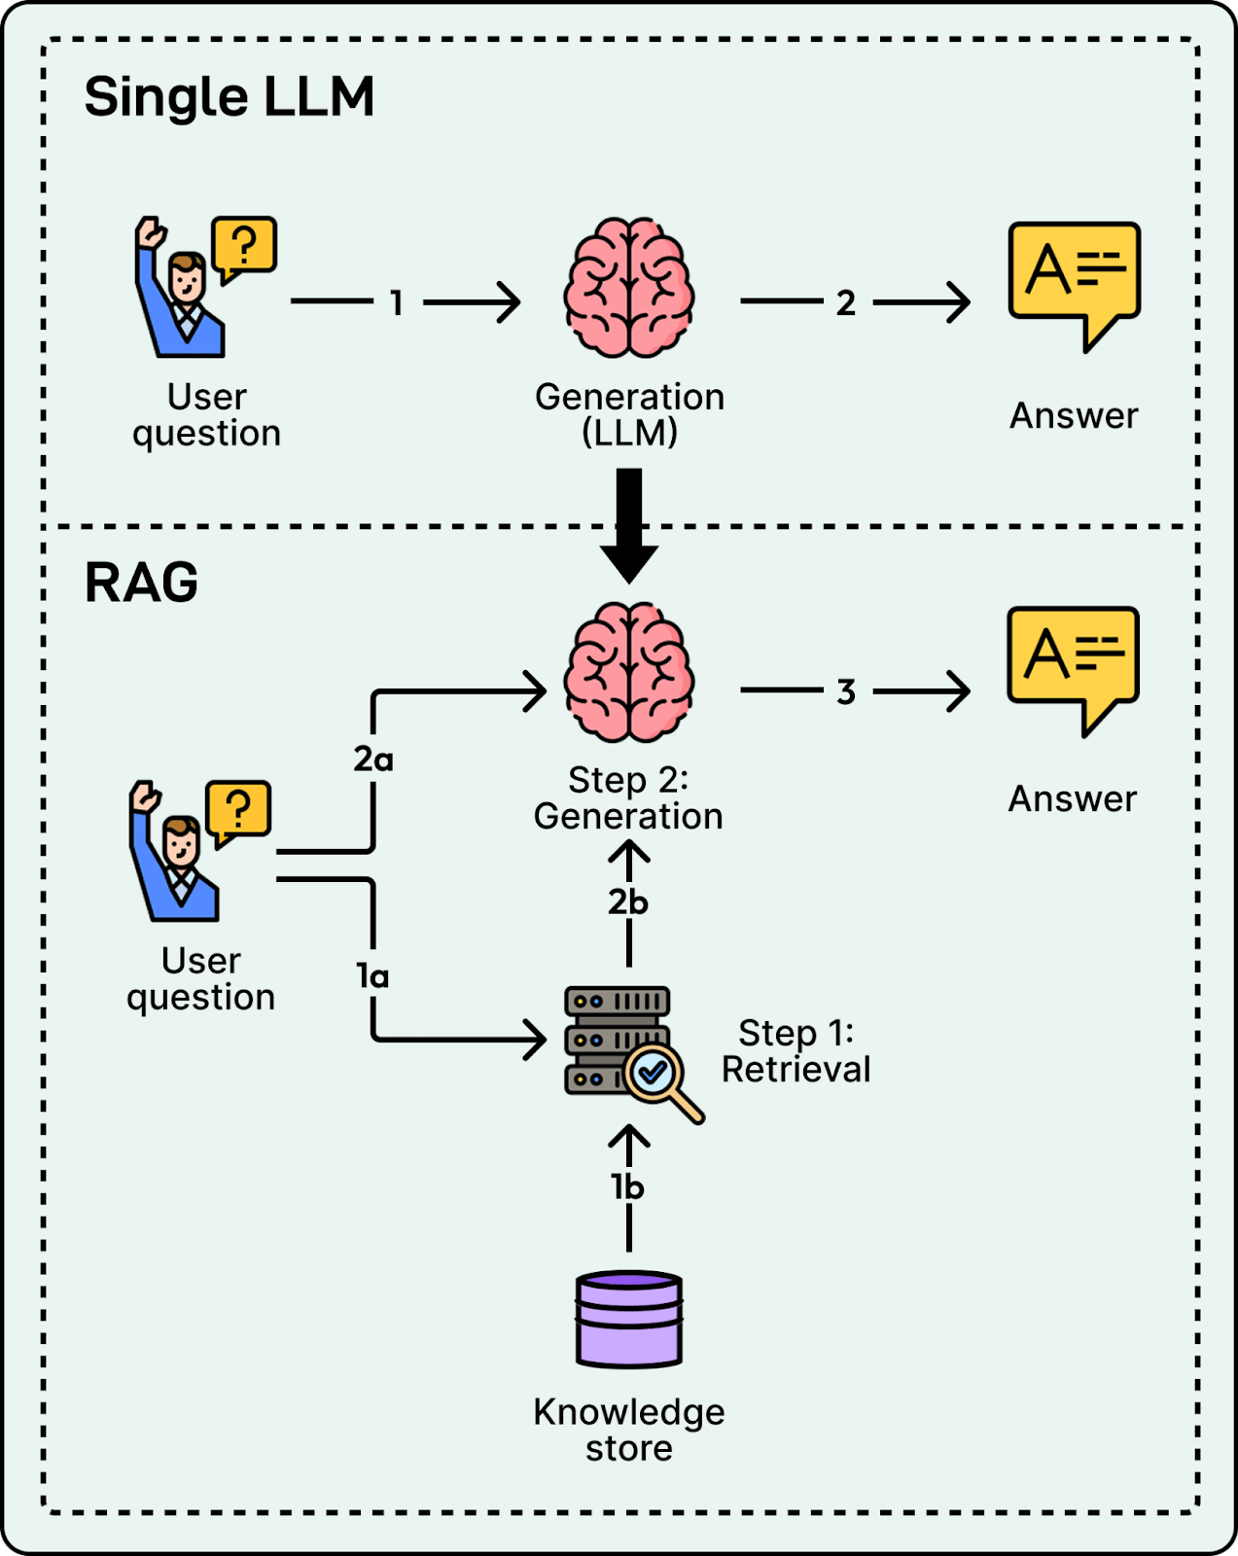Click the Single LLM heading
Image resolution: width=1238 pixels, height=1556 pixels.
tap(230, 97)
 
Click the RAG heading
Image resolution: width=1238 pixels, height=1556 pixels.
tap(141, 583)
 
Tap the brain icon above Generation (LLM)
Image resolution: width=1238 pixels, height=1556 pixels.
tap(629, 287)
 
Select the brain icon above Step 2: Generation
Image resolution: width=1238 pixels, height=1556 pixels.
tap(629, 671)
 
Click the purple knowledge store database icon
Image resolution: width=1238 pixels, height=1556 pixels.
tap(629, 1319)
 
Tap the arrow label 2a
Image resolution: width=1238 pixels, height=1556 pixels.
tap(373, 760)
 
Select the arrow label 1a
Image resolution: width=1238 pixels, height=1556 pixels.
tap(372, 975)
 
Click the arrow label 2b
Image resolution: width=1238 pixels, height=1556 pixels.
tap(628, 903)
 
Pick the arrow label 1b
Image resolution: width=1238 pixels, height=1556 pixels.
tap(627, 1187)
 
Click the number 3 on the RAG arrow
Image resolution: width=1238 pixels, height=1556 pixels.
tap(846, 692)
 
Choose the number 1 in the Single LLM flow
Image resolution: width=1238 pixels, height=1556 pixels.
tap(397, 303)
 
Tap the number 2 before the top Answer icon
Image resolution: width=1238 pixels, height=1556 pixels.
tap(846, 303)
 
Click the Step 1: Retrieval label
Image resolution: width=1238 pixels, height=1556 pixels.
tap(796, 1051)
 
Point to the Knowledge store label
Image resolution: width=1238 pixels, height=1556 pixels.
tap(629, 1430)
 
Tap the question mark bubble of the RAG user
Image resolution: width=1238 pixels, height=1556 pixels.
tap(238, 810)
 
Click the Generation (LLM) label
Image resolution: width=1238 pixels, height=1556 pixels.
tap(629, 414)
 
